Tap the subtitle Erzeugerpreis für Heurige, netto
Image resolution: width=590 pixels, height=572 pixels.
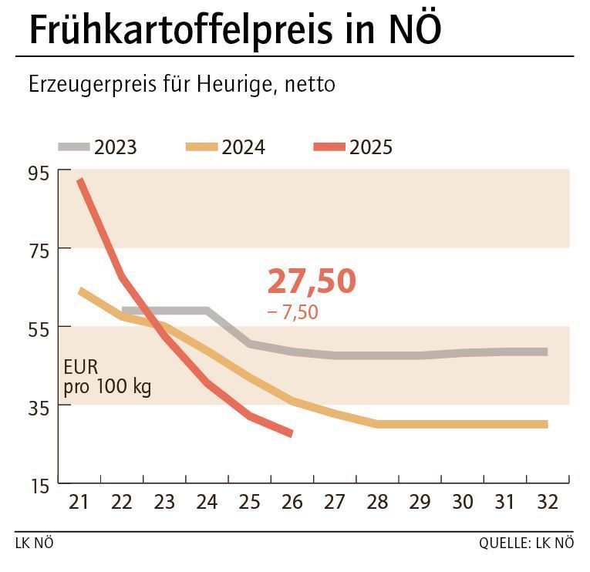click(182, 84)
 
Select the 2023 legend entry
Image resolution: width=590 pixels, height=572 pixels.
click(99, 146)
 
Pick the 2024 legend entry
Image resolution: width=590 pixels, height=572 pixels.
click(227, 146)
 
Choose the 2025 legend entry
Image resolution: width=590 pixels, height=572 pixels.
click(354, 146)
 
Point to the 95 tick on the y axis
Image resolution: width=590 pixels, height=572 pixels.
click(39, 173)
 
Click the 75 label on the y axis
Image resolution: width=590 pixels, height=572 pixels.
click(39, 250)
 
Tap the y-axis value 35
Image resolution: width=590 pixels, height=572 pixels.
click(39, 406)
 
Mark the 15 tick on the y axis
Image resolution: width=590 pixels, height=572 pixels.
click(39, 485)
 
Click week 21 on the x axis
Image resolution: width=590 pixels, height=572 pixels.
click(79, 503)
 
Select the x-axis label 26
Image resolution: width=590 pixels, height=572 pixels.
click(292, 503)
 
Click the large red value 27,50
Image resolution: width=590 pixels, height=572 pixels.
click(312, 281)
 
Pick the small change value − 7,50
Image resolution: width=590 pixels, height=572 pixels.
click(292, 312)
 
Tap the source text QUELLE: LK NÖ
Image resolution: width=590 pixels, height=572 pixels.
click(527, 543)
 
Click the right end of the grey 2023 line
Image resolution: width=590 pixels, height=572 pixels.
click(545, 352)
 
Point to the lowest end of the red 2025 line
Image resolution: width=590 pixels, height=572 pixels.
click(290, 433)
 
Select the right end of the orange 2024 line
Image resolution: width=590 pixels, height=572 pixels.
click(545, 424)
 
